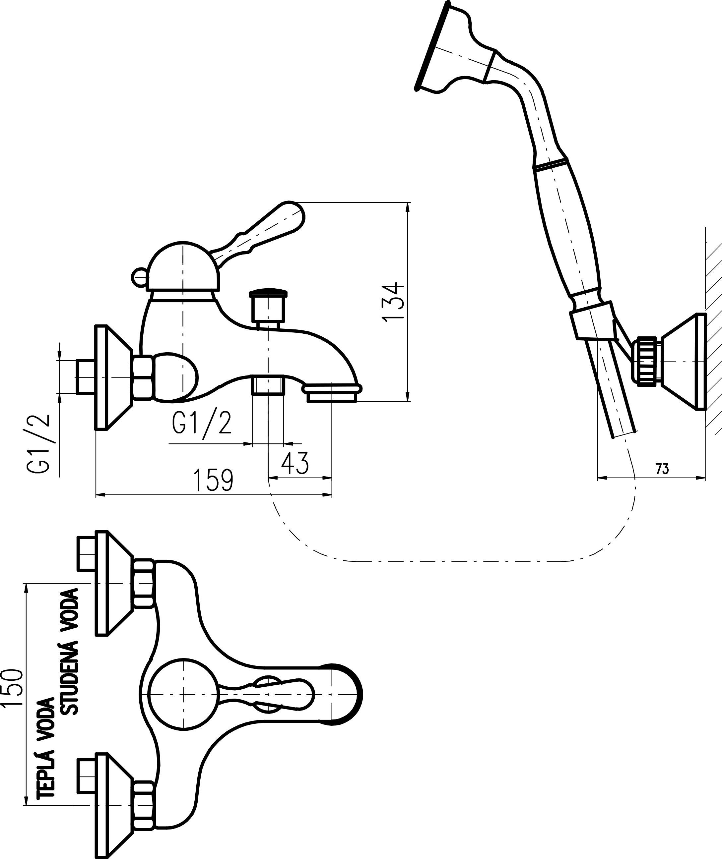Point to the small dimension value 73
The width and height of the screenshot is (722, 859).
tap(662, 469)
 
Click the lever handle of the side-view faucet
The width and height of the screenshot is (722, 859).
tap(262, 231)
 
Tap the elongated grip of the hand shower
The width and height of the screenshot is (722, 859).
tap(567, 229)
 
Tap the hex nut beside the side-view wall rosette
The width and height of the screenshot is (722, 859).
tap(143, 377)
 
